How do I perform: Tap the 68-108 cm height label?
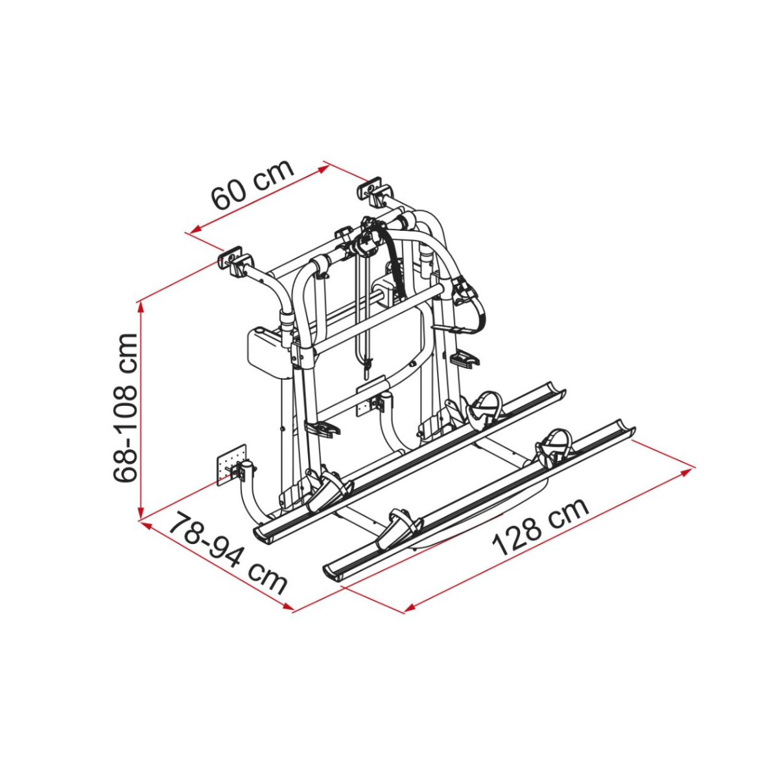pos(126,409)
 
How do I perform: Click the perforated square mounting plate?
pos(231,466)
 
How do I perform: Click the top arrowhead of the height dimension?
pos(141,308)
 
